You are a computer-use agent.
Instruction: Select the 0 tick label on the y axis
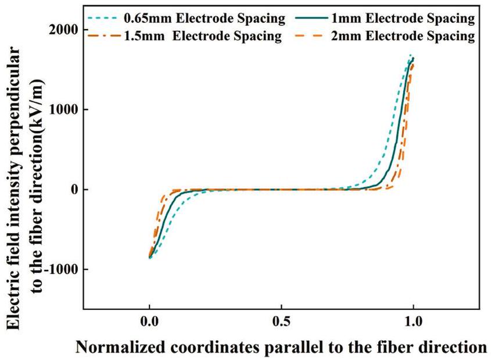point(73,190)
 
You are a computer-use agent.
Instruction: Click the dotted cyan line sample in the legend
point(102,19)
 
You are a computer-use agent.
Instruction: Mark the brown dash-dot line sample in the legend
point(102,36)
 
